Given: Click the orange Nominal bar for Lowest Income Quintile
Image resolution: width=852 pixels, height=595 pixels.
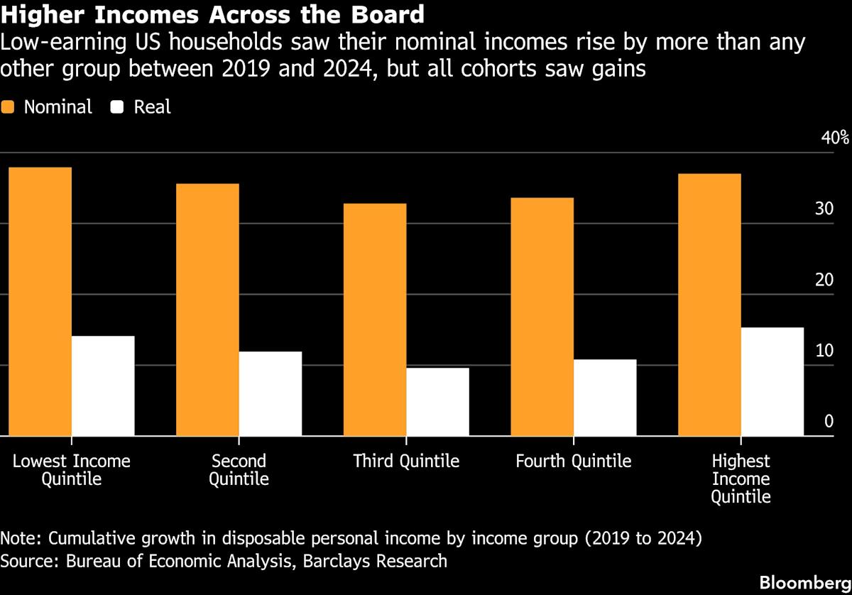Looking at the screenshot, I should [x=40, y=302].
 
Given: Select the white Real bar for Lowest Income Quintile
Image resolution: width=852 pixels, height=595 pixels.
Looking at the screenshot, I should [x=103, y=386].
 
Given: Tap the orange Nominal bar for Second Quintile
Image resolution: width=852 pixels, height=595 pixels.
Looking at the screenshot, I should [x=208, y=310].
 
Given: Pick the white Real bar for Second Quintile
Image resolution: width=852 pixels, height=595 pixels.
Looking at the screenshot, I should [x=271, y=394].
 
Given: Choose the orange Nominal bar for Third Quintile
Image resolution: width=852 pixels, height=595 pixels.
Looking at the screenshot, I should [x=375, y=320].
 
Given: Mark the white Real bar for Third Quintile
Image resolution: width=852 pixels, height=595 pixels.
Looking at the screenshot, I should [x=438, y=402].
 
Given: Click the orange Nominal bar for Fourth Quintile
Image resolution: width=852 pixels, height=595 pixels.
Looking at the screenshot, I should [x=542, y=317].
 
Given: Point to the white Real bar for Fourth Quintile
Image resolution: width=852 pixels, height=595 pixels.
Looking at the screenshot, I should [x=605, y=398].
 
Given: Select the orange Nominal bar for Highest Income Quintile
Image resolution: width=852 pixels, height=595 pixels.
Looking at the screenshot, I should [x=710, y=305].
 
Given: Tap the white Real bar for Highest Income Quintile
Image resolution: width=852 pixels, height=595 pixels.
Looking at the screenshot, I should [x=772, y=382].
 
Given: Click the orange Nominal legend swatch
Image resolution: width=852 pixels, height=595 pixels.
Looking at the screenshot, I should [x=9, y=107].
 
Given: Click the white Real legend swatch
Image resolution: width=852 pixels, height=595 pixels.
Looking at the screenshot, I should [x=119, y=107].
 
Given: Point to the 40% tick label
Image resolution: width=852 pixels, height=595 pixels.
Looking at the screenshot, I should [x=834, y=137].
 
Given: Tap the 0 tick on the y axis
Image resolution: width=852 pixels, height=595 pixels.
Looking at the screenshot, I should [x=828, y=422].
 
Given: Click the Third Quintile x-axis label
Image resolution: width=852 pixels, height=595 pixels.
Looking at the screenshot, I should [x=406, y=462].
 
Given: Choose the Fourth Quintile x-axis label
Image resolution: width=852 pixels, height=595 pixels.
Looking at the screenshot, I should [x=573, y=462].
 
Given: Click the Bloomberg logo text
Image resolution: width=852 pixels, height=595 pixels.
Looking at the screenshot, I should [x=804, y=582].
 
